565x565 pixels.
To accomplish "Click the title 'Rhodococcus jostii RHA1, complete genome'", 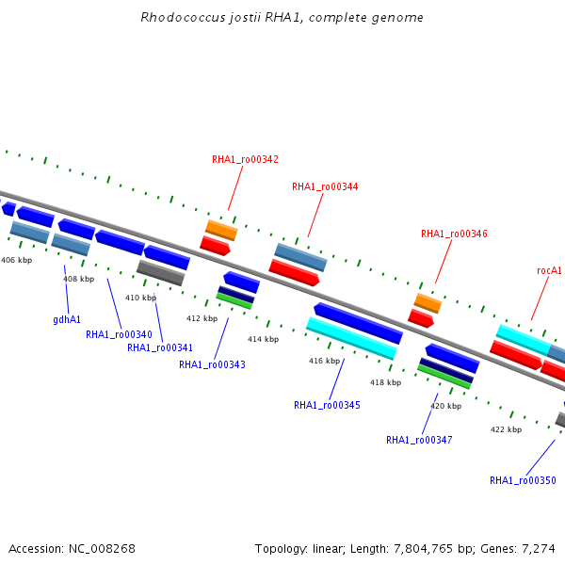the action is click(282, 17).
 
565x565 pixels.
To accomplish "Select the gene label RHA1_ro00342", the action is click(245, 159).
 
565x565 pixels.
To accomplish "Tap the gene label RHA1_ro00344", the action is click(325, 186).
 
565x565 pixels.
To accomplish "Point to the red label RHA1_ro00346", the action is click(454, 234).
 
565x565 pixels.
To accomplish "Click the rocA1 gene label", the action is click(549, 270).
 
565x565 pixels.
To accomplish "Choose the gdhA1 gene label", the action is click(67, 319).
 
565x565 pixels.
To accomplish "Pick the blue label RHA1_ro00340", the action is click(119, 334).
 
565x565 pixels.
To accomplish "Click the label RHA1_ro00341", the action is click(160, 347).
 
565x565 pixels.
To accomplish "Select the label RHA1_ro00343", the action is click(212, 364).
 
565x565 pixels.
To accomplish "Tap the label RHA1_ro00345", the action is click(327, 405).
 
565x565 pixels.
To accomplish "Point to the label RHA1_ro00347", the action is click(419, 440).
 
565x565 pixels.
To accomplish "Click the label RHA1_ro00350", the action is click(523, 480).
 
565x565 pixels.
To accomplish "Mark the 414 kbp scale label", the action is click(263, 339).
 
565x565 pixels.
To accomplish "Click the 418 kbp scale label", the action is click(385, 382).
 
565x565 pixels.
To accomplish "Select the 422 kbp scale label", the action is click(506, 429).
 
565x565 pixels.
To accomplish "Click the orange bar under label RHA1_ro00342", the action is click(221, 231).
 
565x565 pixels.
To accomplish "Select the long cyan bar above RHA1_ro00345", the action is click(351, 338).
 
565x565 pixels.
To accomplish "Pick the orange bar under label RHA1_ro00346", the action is click(428, 303).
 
